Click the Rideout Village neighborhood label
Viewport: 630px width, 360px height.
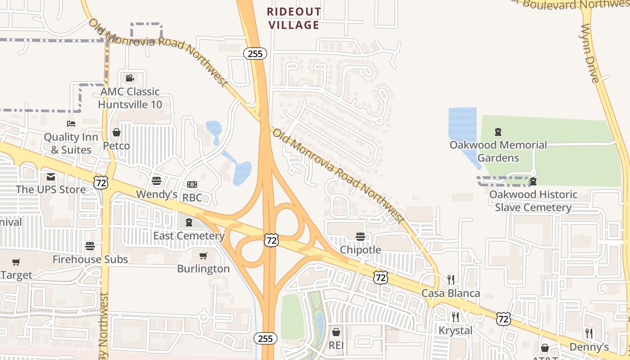pyautogui.click(x=294, y=18)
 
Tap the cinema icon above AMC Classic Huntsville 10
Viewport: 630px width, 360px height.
pyautogui.click(x=130, y=78)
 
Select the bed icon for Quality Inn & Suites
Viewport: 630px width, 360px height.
pyautogui.click(x=71, y=123)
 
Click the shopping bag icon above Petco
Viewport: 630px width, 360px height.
pyautogui.click(x=117, y=132)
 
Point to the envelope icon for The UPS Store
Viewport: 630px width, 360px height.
pyautogui.click(x=50, y=176)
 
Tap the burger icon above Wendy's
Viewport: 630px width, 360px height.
pyautogui.click(x=157, y=181)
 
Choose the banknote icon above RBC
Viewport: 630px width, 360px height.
pyautogui.click(x=192, y=184)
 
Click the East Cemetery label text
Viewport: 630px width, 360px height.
pyautogui.click(x=189, y=236)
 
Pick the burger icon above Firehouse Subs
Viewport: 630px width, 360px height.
pyautogui.click(x=90, y=246)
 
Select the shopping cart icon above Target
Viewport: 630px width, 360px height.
pyautogui.click(x=16, y=262)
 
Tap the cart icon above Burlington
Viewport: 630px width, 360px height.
pyautogui.click(x=203, y=256)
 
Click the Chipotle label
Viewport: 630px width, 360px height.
pyautogui.click(x=360, y=250)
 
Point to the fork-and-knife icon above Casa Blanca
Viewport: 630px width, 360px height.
pyautogui.click(x=451, y=280)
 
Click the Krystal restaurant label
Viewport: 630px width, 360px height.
pyautogui.click(x=455, y=330)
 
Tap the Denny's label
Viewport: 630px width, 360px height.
pyautogui.click(x=589, y=347)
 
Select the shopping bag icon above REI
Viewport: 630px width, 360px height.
pyautogui.click(x=336, y=332)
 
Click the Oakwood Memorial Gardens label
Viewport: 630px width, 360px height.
pyautogui.click(x=498, y=151)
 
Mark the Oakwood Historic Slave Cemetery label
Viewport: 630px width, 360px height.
pyautogui.click(x=533, y=201)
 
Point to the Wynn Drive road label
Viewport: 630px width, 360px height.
pyautogui.click(x=589, y=54)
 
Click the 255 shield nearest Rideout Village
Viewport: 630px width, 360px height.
pyautogui.click(x=255, y=54)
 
